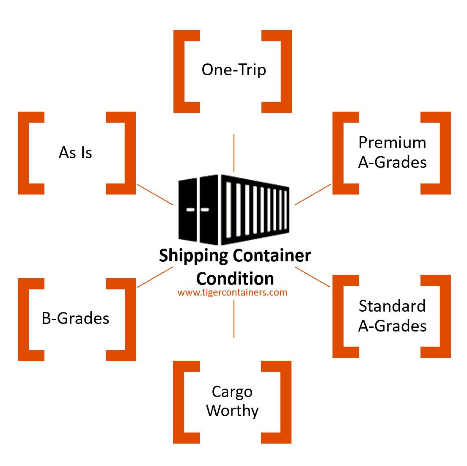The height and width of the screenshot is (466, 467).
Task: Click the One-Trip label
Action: tap(234, 70)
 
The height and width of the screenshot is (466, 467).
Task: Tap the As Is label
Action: tap(75, 153)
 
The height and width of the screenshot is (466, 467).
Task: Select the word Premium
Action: tap(392, 143)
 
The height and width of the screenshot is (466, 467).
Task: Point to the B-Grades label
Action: tap(75, 318)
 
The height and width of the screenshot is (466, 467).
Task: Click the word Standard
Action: tap(392, 306)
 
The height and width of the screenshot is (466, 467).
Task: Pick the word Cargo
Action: tap(232, 392)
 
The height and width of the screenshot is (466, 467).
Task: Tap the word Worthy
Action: tap(232, 411)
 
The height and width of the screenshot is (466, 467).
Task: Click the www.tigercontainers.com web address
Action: tap(232, 292)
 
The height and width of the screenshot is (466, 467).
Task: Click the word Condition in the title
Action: tap(235, 279)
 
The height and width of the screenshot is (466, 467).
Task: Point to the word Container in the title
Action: tap(272, 255)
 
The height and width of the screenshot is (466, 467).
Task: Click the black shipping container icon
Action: tap(234, 210)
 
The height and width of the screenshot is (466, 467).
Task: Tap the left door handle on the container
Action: tap(190, 210)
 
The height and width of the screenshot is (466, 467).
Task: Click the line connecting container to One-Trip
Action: tap(234, 153)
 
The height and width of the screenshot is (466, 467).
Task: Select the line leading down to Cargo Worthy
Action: tap(234, 318)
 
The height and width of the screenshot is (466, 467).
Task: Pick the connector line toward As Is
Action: tap(155, 195)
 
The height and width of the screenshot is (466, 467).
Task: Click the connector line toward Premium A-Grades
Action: tap(313, 195)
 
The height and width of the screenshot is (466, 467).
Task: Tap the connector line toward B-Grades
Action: tap(155, 277)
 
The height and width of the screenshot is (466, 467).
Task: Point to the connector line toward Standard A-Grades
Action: tap(313, 277)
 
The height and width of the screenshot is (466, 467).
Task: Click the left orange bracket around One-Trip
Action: tap(187, 71)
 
